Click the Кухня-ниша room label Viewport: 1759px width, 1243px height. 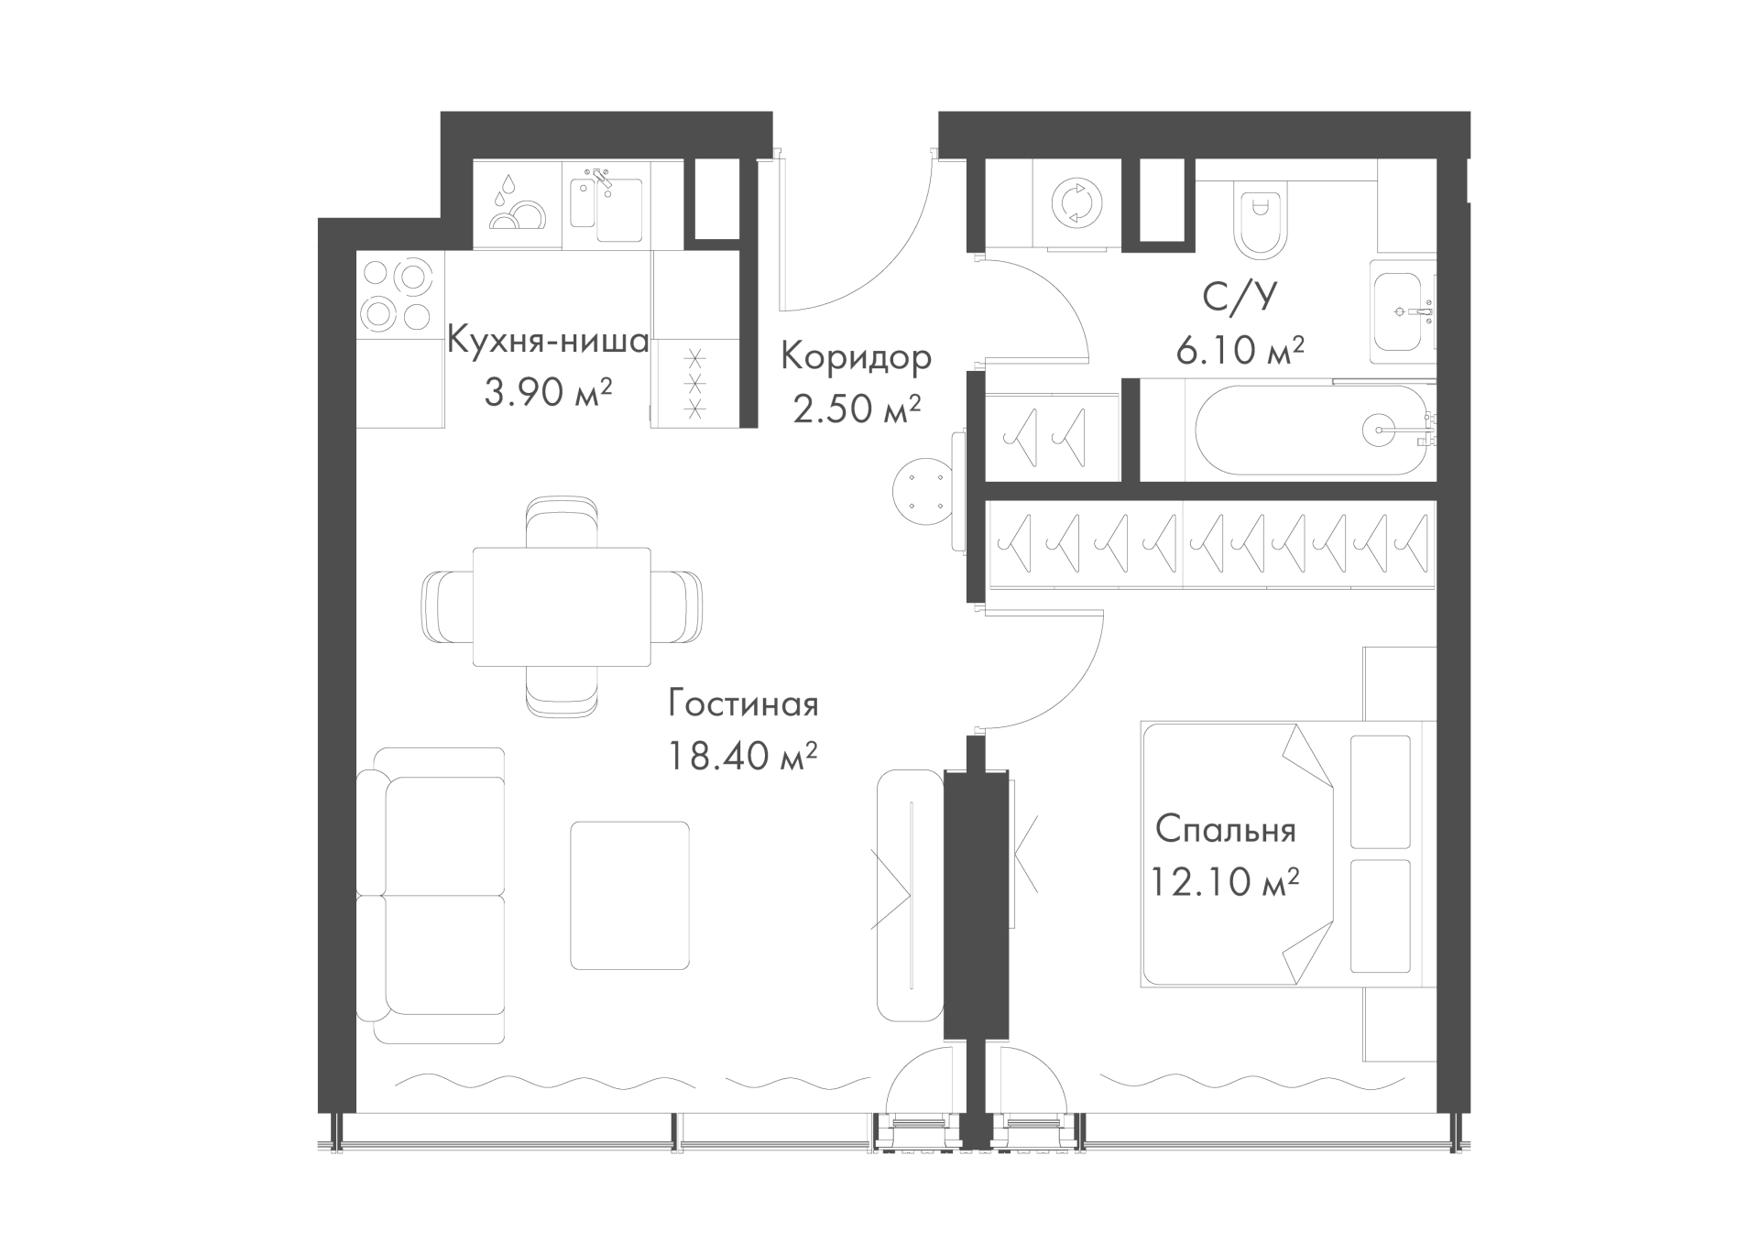pyautogui.click(x=548, y=341)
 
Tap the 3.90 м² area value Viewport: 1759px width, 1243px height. pyautogui.click(x=548, y=393)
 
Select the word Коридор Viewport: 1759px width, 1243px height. pyautogui.click(x=856, y=356)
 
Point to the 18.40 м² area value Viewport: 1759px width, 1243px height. pyautogui.click(x=742, y=757)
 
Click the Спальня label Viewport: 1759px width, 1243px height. pyautogui.click(x=1226, y=830)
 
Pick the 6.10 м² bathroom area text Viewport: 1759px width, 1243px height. pyautogui.click(x=1240, y=350)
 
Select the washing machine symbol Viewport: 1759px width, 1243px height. pyautogui.click(x=1076, y=202)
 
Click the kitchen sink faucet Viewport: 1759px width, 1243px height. pyautogui.click(x=601, y=178)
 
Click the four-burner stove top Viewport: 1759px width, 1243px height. pyautogui.click(x=397, y=294)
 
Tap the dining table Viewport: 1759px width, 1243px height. pyautogui.click(x=562, y=606)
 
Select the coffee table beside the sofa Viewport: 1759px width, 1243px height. pyautogui.click(x=629, y=895)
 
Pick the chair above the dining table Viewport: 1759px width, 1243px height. pyautogui.click(x=563, y=523)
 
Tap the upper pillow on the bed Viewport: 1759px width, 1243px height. pyautogui.click(x=1381, y=791)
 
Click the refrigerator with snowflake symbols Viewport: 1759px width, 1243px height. pyautogui.click(x=695, y=382)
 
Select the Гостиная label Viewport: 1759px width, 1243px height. pyautogui.click(x=743, y=704)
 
